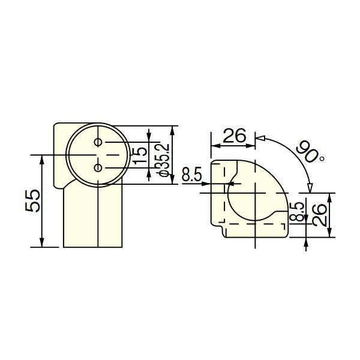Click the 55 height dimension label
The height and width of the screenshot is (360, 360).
coord(32,200)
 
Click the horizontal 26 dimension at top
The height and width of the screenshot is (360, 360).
coord(234,136)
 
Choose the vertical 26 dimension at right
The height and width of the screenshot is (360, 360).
coord(319,215)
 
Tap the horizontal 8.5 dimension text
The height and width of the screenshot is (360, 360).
coord(192,174)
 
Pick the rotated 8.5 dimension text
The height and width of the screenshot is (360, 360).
coord(297,212)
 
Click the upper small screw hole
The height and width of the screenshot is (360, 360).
coord(98,142)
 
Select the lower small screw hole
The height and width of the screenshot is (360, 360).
coord(98,168)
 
